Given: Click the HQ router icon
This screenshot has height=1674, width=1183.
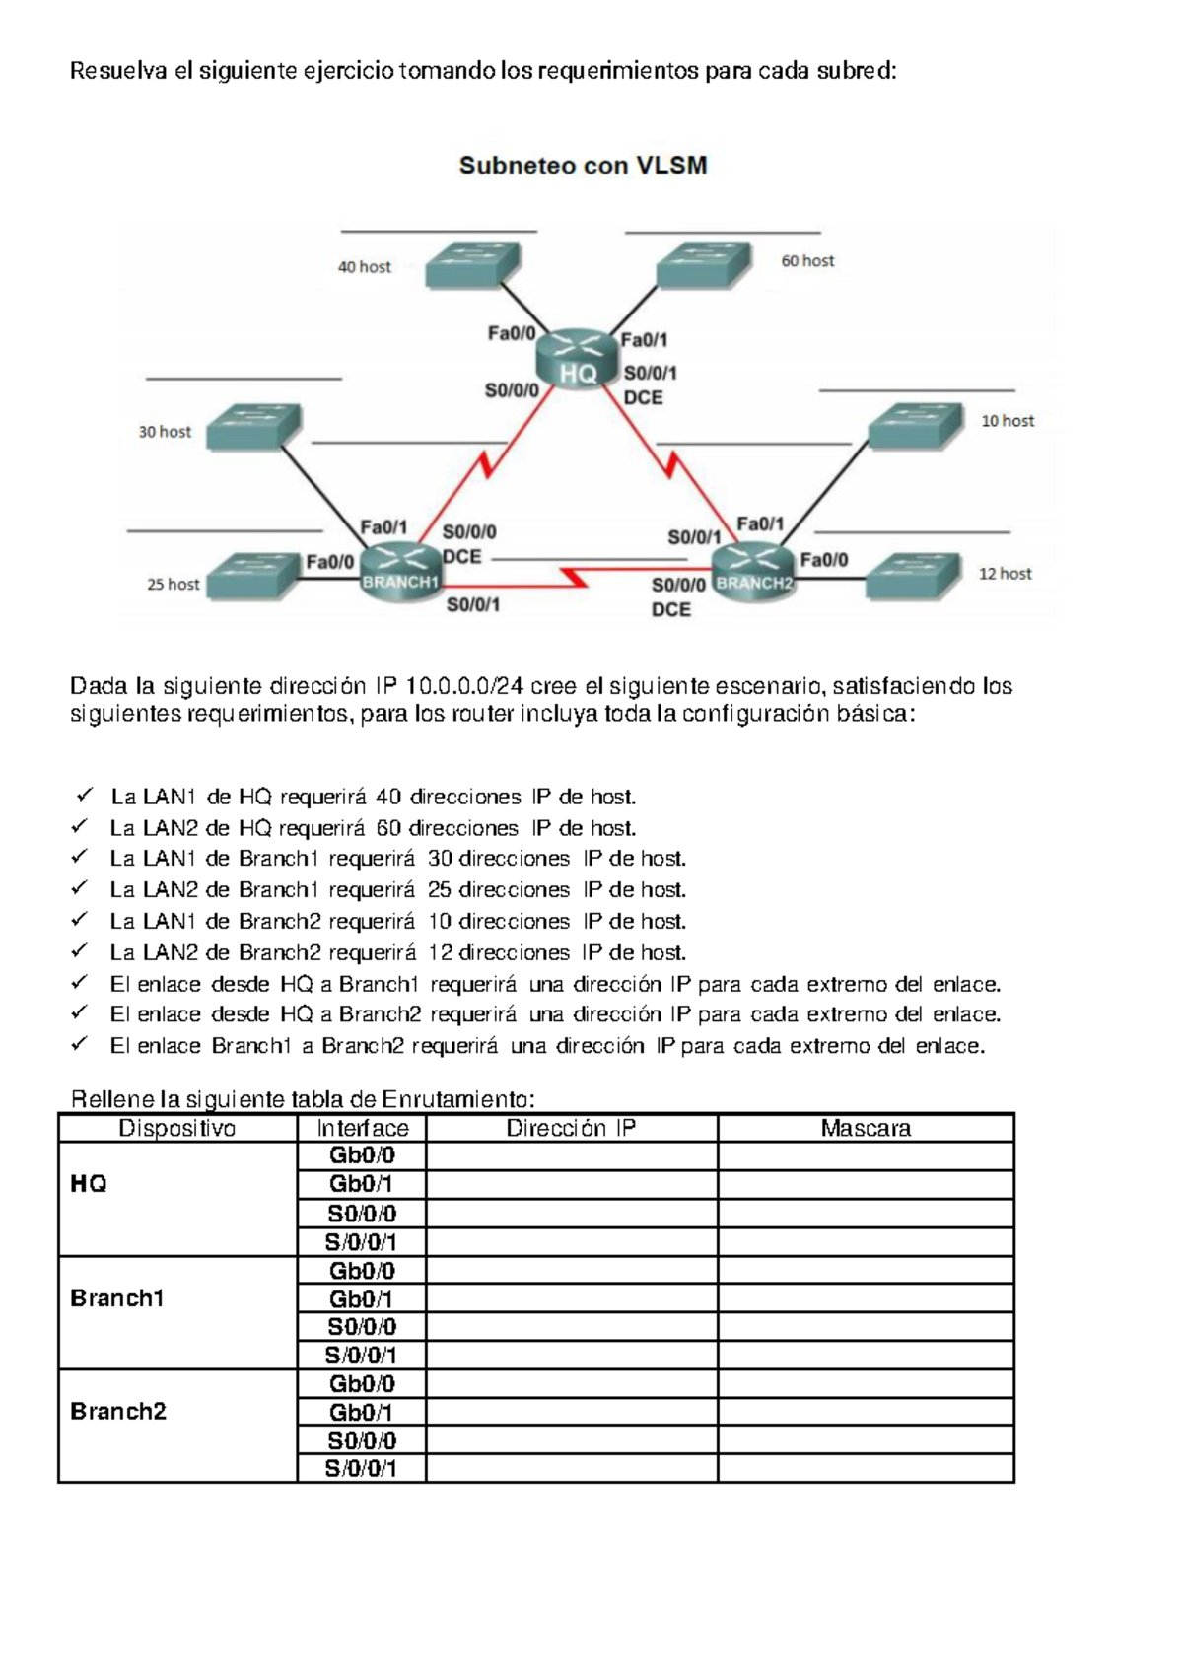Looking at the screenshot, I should pyautogui.click(x=578, y=359).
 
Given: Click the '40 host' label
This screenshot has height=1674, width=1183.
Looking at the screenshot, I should pyautogui.click(x=365, y=267).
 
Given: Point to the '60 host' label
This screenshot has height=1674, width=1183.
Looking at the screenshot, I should pyautogui.click(x=807, y=261).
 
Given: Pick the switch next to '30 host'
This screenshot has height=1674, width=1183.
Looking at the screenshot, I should pyautogui.click(x=252, y=425).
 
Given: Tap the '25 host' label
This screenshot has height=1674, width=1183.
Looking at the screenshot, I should pyautogui.click(x=174, y=585).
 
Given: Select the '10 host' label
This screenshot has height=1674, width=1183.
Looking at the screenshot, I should pyautogui.click(x=1008, y=421).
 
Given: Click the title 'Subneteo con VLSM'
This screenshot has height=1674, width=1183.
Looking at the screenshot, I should pyautogui.click(x=584, y=166).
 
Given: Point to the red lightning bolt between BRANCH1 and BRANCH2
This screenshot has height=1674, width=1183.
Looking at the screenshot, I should pyautogui.click(x=574, y=576).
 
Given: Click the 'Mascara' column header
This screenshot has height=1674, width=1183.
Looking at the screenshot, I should pyautogui.click(x=866, y=1129).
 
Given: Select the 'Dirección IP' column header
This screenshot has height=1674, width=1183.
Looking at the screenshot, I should pyautogui.click(x=571, y=1129).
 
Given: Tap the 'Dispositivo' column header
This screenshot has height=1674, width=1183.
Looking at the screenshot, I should pyautogui.click(x=177, y=1129).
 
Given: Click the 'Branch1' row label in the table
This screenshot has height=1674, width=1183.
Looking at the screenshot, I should pyautogui.click(x=116, y=1298).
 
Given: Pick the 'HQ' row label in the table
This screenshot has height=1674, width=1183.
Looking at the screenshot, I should pyautogui.click(x=89, y=1184).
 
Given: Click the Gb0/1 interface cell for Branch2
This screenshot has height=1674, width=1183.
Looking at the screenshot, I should pyautogui.click(x=361, y=1413).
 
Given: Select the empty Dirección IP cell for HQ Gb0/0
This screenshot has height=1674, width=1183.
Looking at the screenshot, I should pyautogui.click(x=571, y=1156).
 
